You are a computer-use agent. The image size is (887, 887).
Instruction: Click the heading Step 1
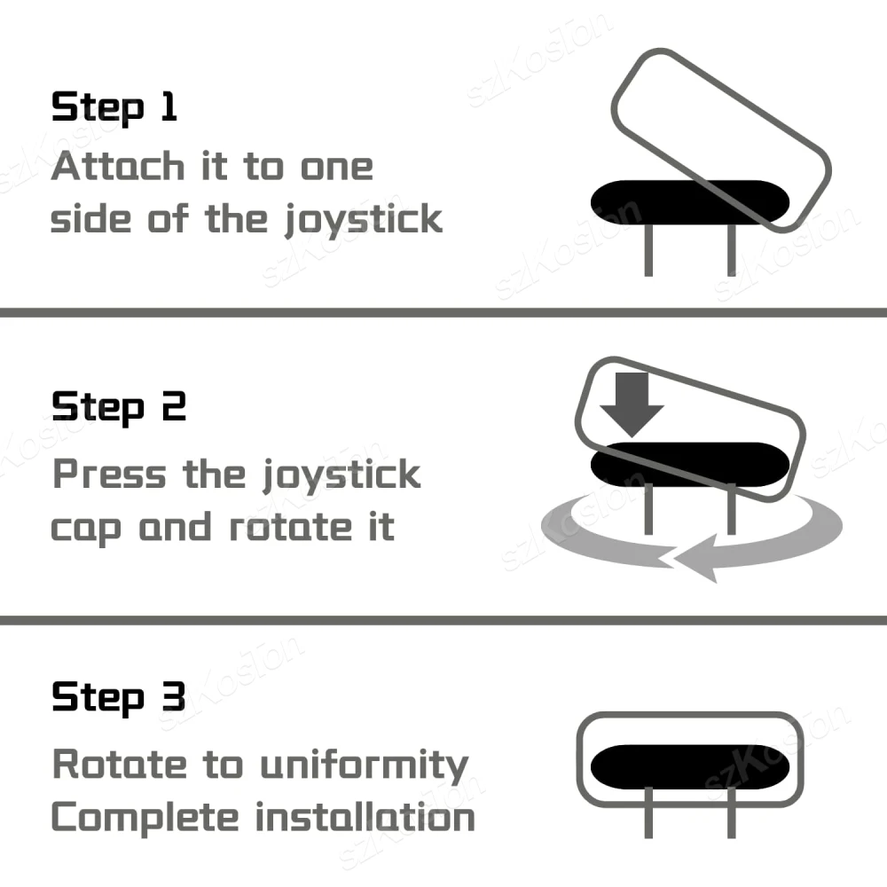point(114,107)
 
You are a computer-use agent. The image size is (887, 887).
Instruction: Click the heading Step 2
point(119,407)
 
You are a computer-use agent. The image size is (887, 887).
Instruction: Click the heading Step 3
point(119,697)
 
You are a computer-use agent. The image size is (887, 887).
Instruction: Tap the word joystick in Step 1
point(363,220)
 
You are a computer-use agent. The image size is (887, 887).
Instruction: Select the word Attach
point(118,167)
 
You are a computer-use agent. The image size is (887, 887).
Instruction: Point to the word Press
point(109,474)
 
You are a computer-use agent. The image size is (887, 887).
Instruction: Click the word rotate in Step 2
point(291,527)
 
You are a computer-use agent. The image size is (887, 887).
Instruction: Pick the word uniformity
point(365,765)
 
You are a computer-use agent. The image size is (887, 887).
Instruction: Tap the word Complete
point(145,819)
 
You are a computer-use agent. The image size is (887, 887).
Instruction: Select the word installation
point(365,817)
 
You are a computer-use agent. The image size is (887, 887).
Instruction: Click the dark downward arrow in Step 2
point(632,404)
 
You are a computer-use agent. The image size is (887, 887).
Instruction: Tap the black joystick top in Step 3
point(689,766)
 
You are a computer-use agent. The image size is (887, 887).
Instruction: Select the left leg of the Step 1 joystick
point(648,250)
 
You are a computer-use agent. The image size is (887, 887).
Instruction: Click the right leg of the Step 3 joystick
point(732,812)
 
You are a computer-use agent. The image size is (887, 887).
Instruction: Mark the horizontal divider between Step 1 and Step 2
point(443,312)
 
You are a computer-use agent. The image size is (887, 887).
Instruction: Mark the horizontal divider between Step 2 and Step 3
point(443,620)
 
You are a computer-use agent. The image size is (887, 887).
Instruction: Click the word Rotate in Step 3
point(120,764)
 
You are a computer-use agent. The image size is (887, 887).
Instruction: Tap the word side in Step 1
point(90,218)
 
